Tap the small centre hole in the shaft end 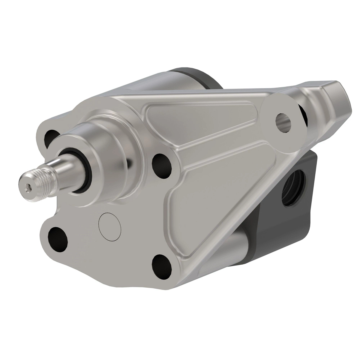pos(27,187)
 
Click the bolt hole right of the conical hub pos(162,163)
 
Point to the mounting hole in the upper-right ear pos(283,121)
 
